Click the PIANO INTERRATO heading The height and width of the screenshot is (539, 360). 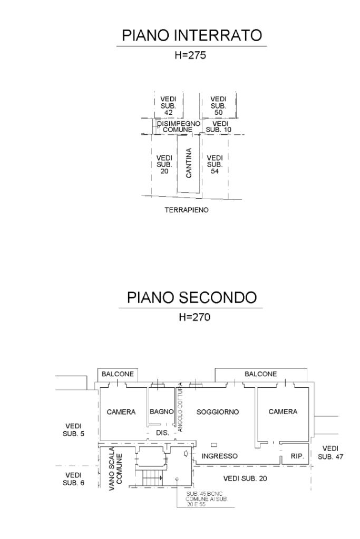[x=192, y=36]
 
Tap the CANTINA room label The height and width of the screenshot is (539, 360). [x=189, y=163]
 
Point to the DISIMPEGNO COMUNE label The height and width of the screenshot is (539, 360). [x=178, y=126]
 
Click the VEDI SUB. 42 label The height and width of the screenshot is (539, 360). [x=169, y=105]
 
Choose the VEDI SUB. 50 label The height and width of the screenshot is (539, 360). [x=218, y=105]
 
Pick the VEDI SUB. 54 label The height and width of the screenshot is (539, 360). [x=215, y=164]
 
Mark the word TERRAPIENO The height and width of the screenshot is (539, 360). [x=187, y=210]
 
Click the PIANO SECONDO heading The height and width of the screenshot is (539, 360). [x=192, y=298]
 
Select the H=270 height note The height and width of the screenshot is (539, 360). [x=192, y=317]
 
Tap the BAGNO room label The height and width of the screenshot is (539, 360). [x=162, y=411]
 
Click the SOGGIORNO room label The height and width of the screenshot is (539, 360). [x=218, y=411]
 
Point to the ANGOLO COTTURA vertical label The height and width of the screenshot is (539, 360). [x=180, y=407]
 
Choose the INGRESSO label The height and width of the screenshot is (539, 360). [x=220, y=456]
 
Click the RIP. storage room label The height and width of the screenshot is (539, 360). [x=297, y=456]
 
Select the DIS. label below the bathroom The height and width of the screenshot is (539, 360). [x=162, y=433]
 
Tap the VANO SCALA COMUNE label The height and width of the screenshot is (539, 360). [x=115, y=469]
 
